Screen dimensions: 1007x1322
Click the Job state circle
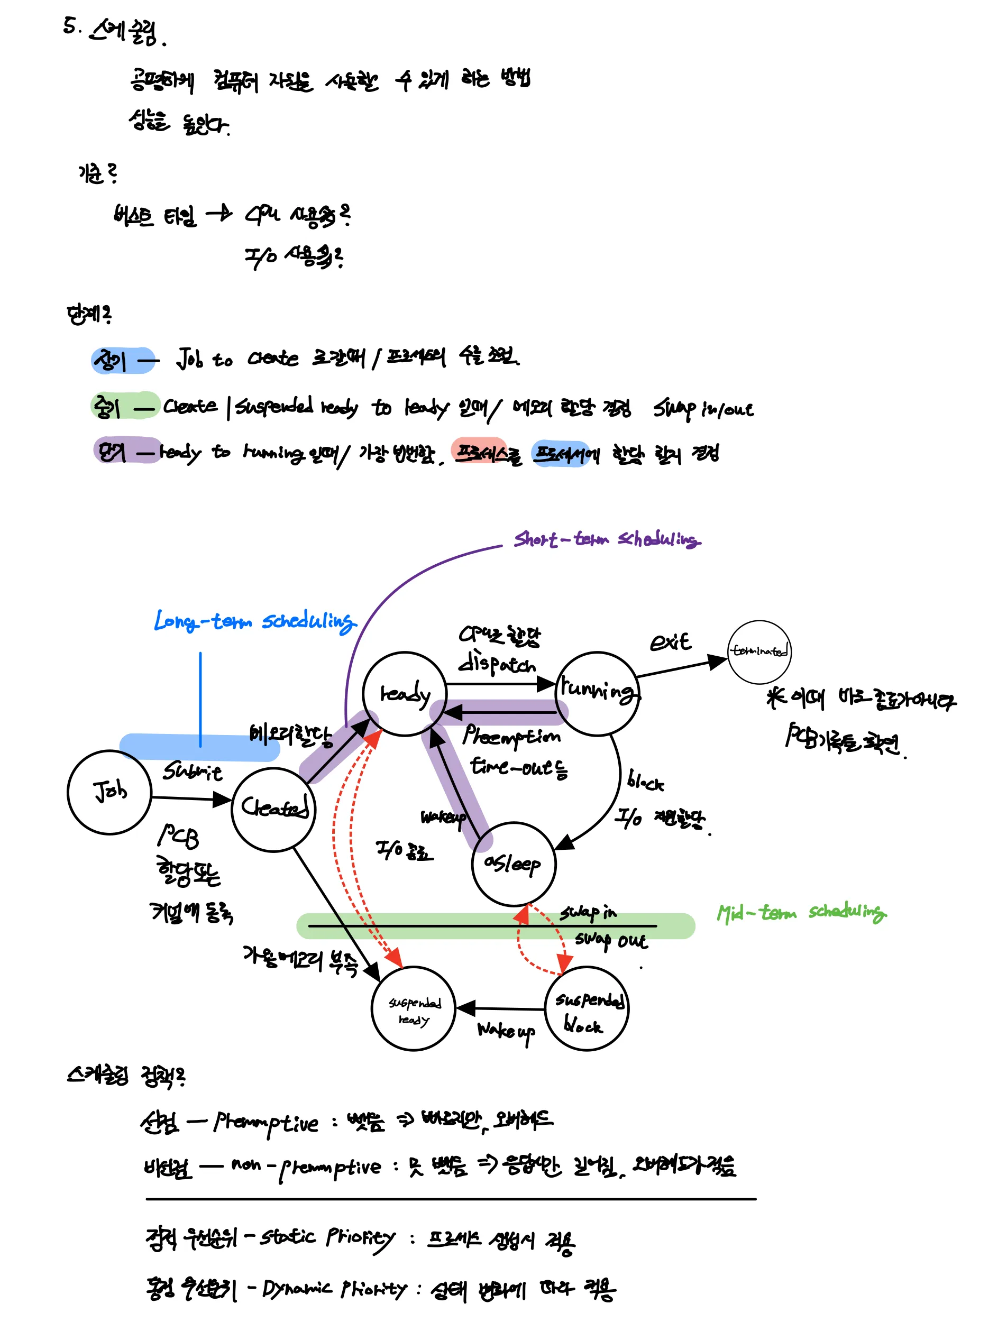109,792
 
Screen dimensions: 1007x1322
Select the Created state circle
273,809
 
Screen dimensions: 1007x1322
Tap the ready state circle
405,693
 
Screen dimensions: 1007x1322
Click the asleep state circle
514,864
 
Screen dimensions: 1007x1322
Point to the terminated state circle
759,651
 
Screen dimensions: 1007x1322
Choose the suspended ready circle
414,1008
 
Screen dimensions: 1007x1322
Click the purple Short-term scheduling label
607,539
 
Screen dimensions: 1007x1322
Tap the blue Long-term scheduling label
255,621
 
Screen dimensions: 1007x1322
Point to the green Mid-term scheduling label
801,913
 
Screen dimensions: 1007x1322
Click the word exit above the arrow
670,642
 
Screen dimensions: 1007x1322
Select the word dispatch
496,665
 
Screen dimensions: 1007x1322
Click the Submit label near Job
192,772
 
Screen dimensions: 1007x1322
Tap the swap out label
611,940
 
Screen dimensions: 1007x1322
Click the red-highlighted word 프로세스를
487,453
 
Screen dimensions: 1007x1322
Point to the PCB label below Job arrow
178,836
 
